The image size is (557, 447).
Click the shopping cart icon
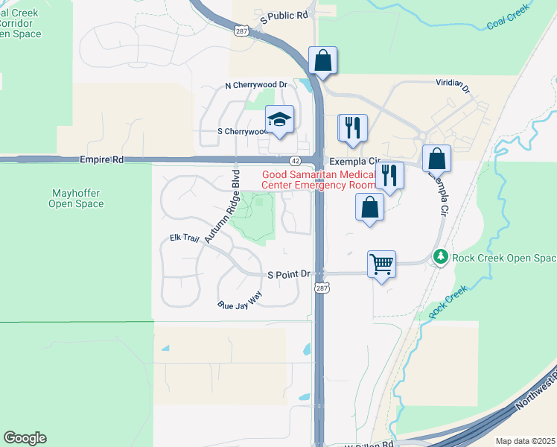click(381, 264)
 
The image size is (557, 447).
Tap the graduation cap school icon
click(279, 119)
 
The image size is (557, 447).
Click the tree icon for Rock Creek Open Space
click(441, 257)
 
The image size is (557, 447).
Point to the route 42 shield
click(296, 160)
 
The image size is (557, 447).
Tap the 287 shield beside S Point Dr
click(321, 288)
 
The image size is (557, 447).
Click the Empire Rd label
click(101, 159)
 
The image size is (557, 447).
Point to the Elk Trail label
click(185, 238)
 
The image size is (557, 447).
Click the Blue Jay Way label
click(240, 300)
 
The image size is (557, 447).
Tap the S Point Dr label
click(289, 274)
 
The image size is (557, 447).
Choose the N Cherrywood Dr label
click(255, 85)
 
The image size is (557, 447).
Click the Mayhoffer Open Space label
click(74, 197)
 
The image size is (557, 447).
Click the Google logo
click(25, 438)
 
